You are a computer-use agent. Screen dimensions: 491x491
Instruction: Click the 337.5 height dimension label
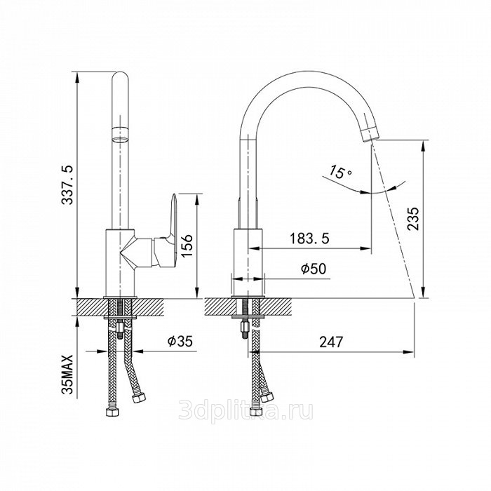67,184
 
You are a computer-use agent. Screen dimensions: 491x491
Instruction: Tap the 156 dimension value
187,245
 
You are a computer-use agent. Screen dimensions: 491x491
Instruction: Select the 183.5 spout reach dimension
309,238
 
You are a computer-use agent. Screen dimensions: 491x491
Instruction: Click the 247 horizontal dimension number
331,342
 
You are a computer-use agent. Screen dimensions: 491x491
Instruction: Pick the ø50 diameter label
314,269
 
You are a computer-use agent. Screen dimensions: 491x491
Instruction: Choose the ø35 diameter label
180,341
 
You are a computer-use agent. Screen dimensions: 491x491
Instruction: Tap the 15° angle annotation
340,172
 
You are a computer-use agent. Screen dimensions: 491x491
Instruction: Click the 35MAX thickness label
67,374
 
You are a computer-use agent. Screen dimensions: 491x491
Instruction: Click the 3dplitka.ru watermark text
245,411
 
